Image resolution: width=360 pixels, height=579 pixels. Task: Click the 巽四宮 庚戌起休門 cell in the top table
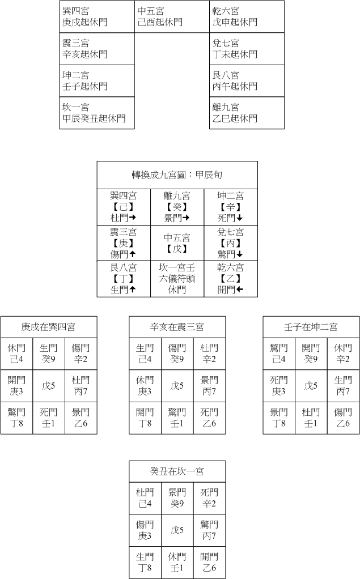pos(97,16)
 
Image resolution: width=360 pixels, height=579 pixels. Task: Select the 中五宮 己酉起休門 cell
pos(172,16)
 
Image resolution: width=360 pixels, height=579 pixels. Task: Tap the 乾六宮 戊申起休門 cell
pos(247,16)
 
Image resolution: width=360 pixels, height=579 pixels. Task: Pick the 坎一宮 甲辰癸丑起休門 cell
pos(97,113)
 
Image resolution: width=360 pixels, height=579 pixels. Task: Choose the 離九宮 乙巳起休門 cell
pos(247,113)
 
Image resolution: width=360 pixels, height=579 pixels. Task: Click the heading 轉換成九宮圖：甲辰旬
pos(177,175)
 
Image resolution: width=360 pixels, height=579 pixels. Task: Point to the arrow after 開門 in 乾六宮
pos(239,290)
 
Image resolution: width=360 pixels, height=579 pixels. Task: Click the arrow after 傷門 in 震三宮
pos(132,254)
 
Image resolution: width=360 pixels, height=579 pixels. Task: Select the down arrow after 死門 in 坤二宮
pos(239,218)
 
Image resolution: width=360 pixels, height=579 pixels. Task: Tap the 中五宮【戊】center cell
pos(177,243)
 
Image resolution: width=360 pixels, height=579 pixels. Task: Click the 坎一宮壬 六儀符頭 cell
pos(177,279)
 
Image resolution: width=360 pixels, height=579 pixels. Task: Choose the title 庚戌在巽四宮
pos(48,327)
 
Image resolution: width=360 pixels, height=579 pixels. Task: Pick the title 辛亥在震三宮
pos(177,327)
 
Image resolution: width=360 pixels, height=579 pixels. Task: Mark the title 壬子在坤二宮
pos(311,327)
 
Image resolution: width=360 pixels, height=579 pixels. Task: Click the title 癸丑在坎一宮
pos(177,471)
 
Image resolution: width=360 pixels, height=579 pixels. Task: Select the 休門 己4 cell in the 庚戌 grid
pos(16,354)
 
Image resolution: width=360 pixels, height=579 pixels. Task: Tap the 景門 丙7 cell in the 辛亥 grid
pos(210,386)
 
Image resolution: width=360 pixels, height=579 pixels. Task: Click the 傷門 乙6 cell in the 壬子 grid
pos(344,418)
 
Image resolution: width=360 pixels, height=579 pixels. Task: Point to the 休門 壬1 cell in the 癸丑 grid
pos(177,563)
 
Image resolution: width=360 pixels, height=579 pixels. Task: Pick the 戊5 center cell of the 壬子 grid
pos(311,386)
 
